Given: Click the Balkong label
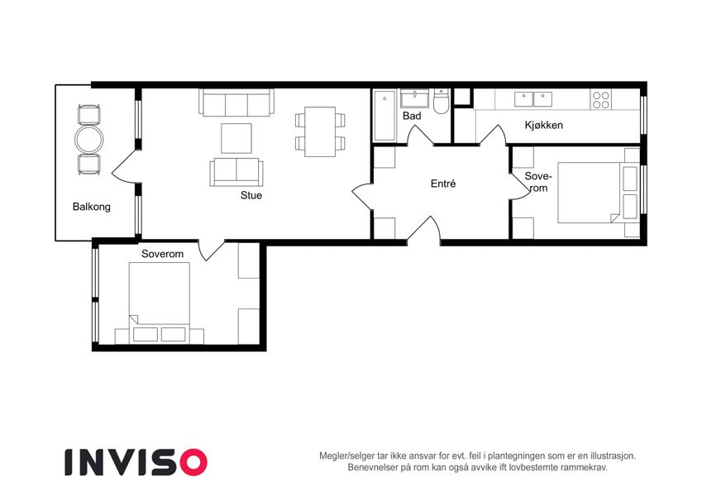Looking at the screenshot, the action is (91, 207).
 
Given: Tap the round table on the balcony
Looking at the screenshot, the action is (89, 139).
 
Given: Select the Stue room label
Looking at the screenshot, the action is (251, 195).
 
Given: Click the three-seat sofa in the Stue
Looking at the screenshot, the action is (236, 103).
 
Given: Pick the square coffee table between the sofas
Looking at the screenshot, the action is (236, 138).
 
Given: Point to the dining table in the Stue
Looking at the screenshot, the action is (320, 131).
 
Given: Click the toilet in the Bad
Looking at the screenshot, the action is (441, 102).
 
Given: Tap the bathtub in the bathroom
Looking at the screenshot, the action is (384, 116).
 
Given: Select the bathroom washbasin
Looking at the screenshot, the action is (414, 98).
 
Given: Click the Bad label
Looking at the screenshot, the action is (412, 116).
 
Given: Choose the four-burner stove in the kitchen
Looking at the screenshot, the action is (601, 100).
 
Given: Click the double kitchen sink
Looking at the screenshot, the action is (533, 99).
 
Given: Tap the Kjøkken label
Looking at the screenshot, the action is (543, 125).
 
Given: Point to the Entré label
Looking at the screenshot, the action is (443, 184).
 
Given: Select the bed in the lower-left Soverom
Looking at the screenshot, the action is (160, 303).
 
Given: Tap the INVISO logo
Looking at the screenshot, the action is (136, 462).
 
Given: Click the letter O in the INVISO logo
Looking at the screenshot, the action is (193, 462).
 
